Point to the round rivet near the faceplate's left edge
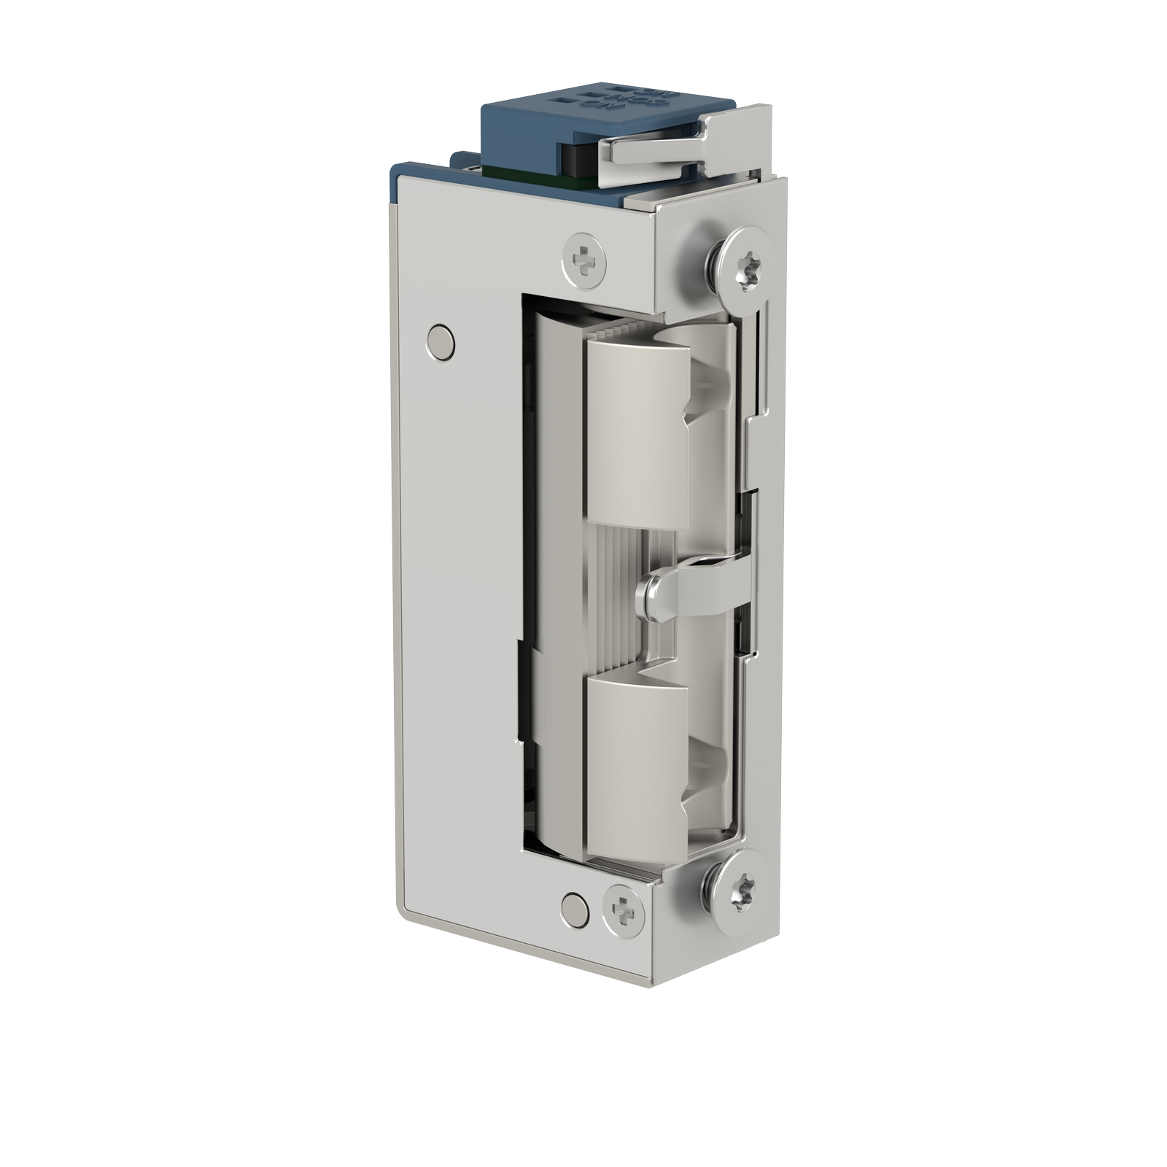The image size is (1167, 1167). point(440,341)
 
